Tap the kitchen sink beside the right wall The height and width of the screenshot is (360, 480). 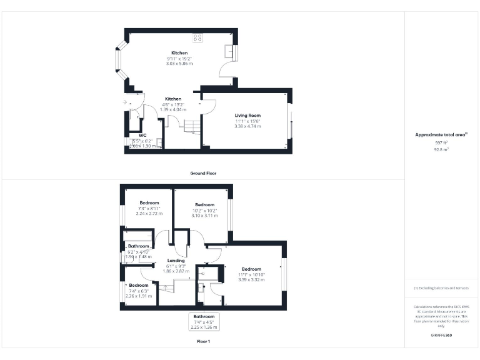(230, 52)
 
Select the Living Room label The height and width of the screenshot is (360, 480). (247, 116)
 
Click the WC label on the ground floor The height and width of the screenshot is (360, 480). (142, 135)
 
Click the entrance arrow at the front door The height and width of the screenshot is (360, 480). (126, 101)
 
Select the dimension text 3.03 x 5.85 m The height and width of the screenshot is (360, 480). (179, 63)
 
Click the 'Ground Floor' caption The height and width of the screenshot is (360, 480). (203, 172)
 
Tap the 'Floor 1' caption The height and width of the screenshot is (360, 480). (203, 341)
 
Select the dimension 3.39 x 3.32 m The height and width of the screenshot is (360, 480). (251, 279)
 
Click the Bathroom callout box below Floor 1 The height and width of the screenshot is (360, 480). (204, 321)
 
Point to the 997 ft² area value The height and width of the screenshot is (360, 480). (442, 143)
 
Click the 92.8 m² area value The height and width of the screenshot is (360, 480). (442, 149)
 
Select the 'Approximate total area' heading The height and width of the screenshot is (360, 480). (441, 135)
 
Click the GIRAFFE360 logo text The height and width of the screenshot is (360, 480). (442, 336)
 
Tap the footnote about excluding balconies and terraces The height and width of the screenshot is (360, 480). (442, 288)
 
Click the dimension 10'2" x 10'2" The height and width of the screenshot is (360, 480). (205, 210)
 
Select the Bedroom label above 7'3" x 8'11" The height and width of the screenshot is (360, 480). (149, 203)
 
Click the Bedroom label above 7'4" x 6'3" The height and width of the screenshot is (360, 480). (139, 285)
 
